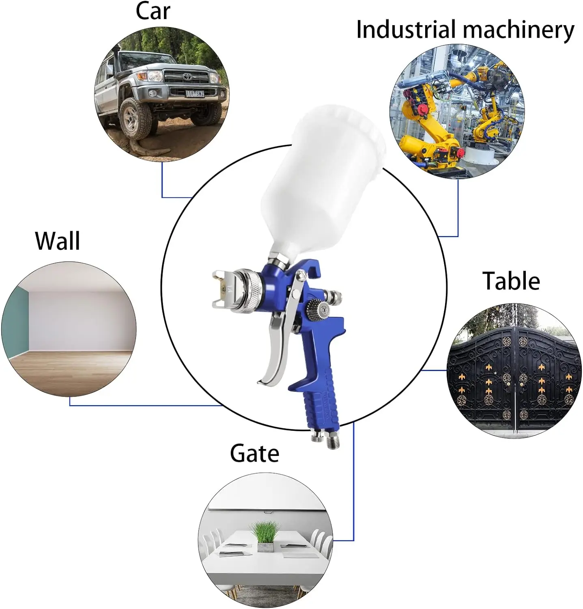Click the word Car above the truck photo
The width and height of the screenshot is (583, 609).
tap(153, 11)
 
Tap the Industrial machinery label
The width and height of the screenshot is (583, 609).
tap(465, 30)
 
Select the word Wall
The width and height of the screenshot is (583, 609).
tap(58, 241)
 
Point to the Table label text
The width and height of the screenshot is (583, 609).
tap(511, 281)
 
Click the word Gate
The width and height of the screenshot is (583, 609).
tap(254, 453)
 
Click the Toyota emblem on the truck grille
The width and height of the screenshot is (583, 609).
tap(186, 76)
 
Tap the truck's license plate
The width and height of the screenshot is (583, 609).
tap(195, 94)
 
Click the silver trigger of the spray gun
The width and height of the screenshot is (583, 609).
tap(276, 349)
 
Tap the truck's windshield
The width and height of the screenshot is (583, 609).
tap(146, 61)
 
